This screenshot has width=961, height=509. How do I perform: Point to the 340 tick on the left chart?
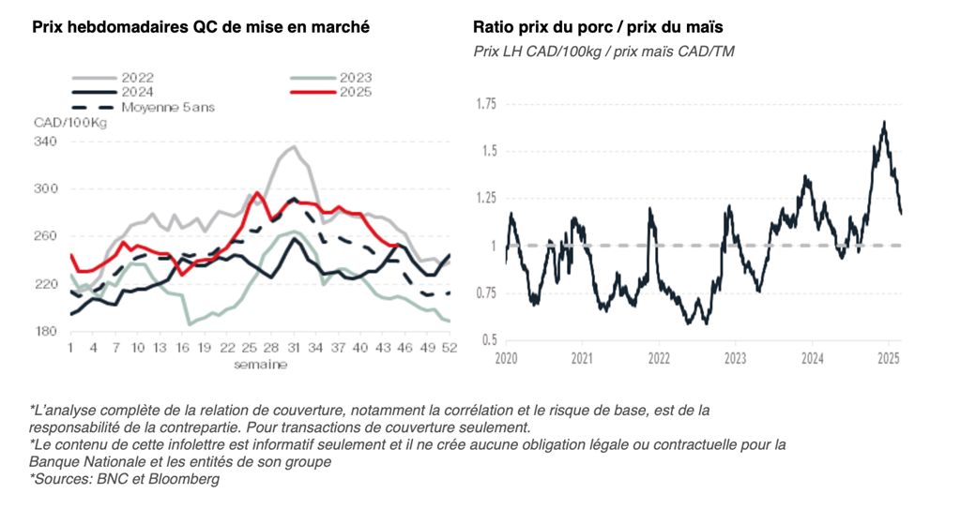coord(46,142)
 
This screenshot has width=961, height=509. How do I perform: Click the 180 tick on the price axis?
coord(46,331)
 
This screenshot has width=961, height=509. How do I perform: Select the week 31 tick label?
coord(293,348)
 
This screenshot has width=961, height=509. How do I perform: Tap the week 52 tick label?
coord(450,348)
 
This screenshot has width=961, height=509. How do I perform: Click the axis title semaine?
coord(261,364)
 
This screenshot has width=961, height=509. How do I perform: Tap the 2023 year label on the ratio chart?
coord(735,358)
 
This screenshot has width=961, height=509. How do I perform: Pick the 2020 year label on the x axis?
coord(507,358)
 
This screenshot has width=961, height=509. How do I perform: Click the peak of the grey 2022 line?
coord(294,146)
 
